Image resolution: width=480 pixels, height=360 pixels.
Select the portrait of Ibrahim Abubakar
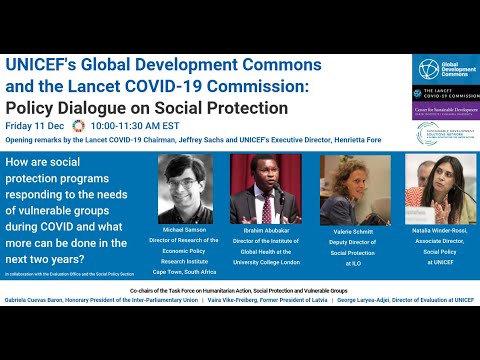click(267, 187)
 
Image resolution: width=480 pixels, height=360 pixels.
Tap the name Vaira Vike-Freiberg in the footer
click(259, 328)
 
